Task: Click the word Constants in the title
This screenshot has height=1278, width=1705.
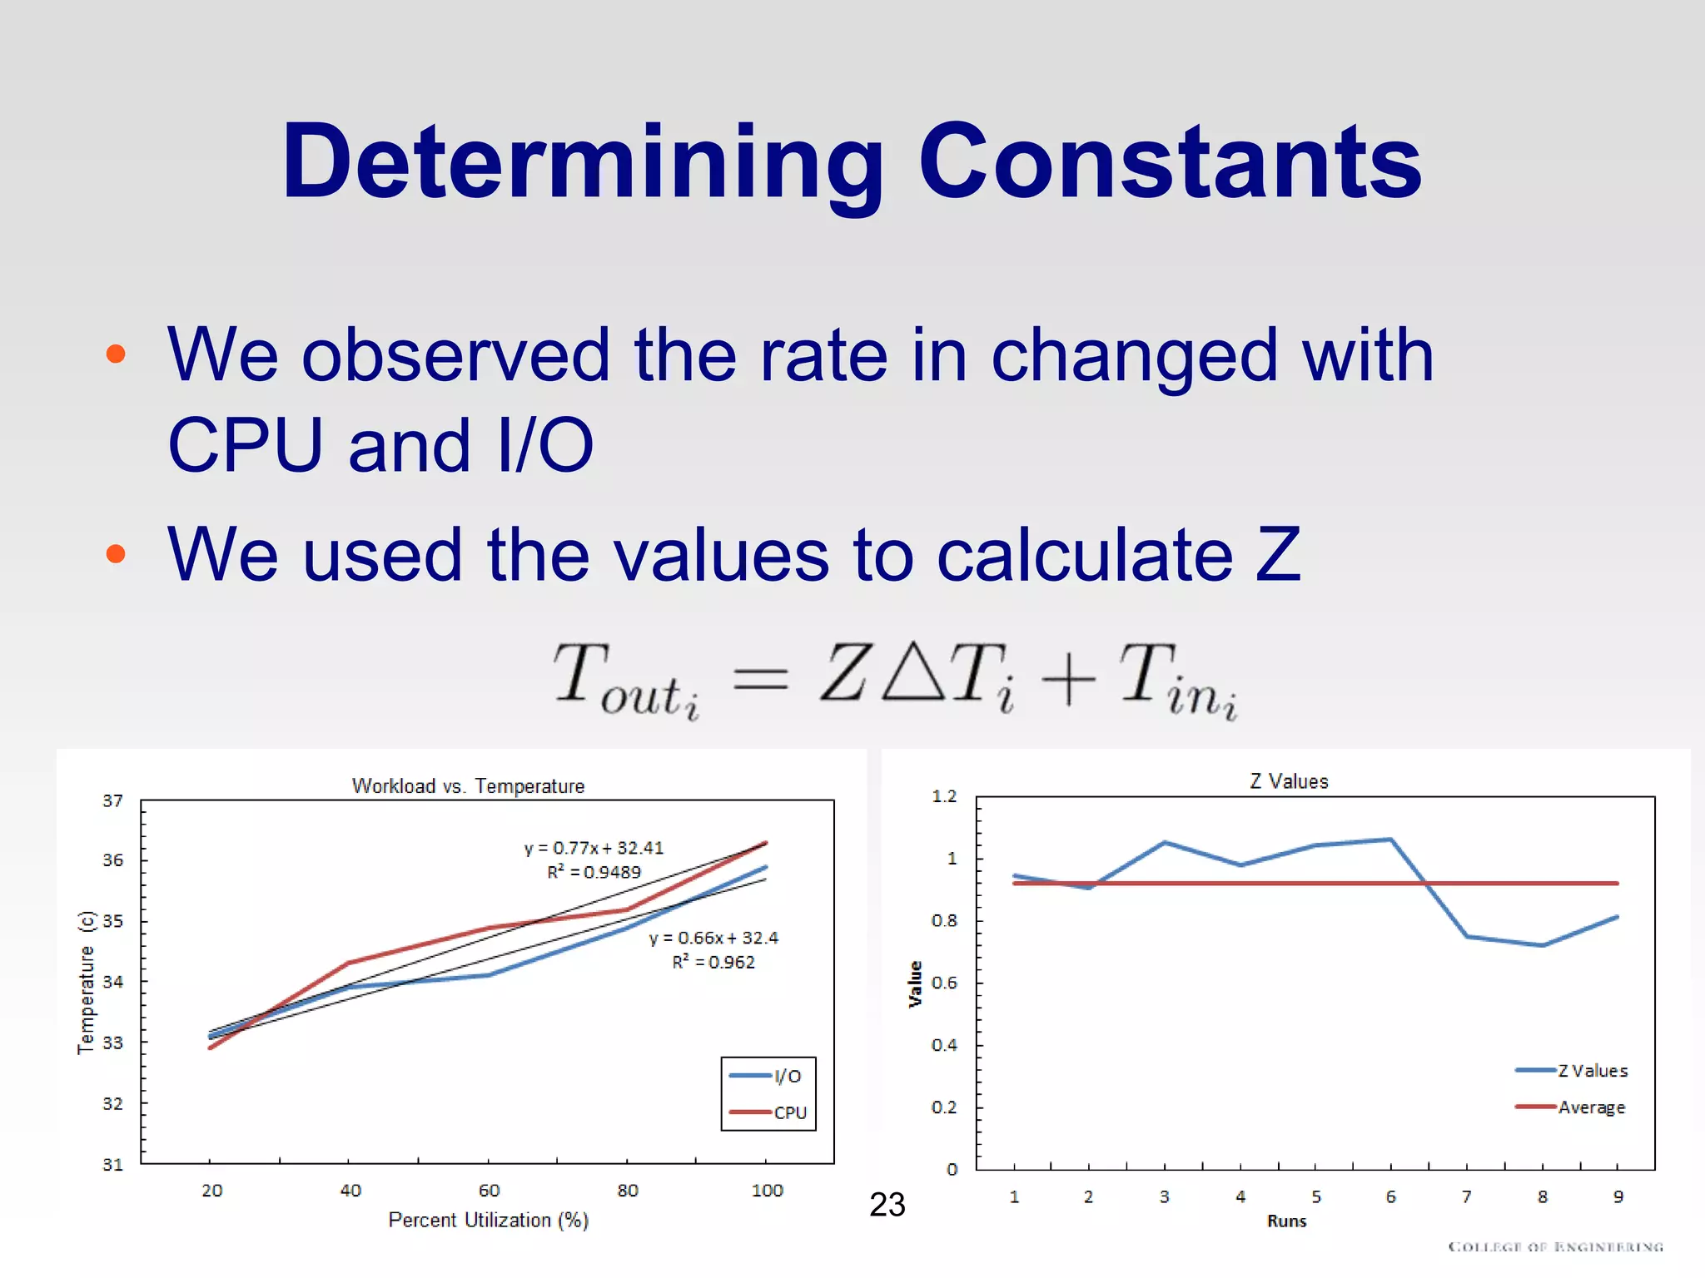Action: [1170, 162]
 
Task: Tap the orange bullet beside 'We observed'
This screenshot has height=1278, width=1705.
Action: [116, 354]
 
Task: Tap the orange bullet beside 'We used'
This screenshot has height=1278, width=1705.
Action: [116, 554]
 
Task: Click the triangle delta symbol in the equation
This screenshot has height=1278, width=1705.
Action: [914, 671]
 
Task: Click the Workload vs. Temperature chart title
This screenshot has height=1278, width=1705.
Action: [468, 786]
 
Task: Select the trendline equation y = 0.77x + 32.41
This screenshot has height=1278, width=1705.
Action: [594, 848]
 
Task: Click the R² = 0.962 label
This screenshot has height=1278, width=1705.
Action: [713, 963]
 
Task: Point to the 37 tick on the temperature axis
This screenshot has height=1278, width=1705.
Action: [113, 801]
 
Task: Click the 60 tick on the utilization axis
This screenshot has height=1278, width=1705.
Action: [489, 1191]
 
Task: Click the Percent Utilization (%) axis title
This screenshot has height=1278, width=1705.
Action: [489, 1221]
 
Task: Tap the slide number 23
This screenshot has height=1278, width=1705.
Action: [887, 1205]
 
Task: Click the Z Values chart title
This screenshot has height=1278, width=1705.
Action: [1289, 781]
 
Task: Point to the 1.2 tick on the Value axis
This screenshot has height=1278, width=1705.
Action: [944, 796]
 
